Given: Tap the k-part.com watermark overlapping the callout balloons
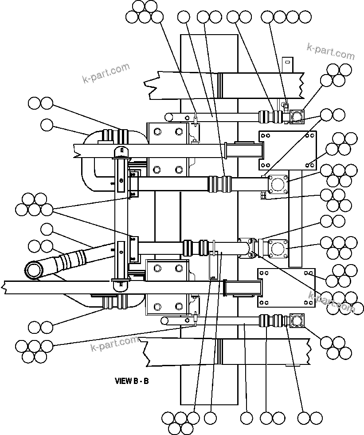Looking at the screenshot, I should (331, 303).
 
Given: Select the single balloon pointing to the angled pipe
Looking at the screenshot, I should (47, 229).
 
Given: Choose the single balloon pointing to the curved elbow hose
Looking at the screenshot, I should (47, 125).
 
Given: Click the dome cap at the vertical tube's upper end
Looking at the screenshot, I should (121, 152).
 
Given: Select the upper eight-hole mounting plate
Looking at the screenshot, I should (287, 150).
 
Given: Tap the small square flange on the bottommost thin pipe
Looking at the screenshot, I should (297, 320).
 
